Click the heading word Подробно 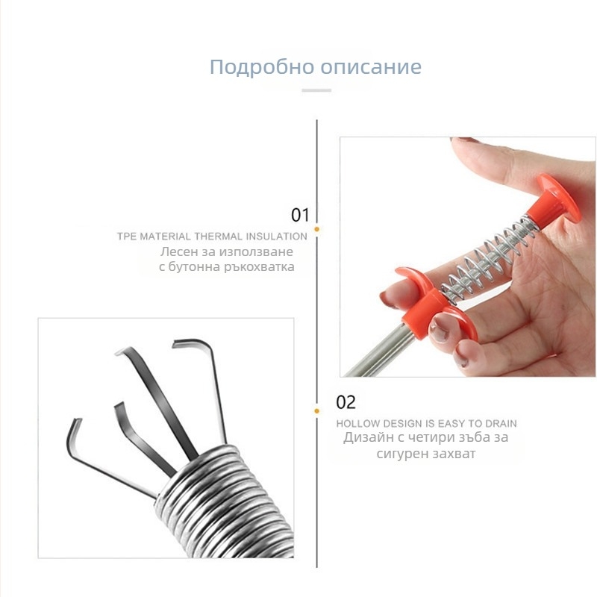point(263,67)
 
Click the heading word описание point(371,66)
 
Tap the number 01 point(301,215)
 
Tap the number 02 point(346,402)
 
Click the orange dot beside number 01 point(316,229)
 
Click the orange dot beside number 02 point(316,411)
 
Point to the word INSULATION point(276,237)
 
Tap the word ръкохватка point(259,267)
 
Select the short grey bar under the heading point(316,90)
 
